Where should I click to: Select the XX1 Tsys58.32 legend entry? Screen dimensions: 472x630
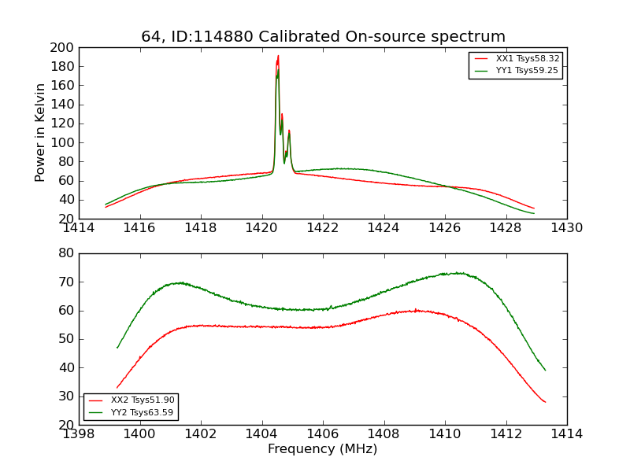coord(527,59)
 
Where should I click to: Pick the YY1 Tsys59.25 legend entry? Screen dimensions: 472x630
coord(527,71)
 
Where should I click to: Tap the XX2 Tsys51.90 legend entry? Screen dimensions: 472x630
coord(142,400)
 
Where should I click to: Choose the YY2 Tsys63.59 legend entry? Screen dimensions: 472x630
coord(142,412)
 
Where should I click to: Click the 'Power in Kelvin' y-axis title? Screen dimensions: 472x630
coord(41,133)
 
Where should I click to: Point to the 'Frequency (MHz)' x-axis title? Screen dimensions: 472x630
coord(322,449)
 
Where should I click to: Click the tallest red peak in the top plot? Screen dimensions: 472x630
coord(278,56)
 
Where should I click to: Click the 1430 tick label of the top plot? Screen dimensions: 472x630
coord(566,228)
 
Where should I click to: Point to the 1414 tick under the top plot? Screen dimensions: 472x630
coord(79,228)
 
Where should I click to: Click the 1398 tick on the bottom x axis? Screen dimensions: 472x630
coord(79,434)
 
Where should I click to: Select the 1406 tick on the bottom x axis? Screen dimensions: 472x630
coord(323,434)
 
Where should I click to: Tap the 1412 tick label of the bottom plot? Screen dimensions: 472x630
coord(506,434)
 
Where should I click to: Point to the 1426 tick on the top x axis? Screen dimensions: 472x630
coord(445,228)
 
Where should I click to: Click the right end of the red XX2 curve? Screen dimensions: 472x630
coord(545,402)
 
